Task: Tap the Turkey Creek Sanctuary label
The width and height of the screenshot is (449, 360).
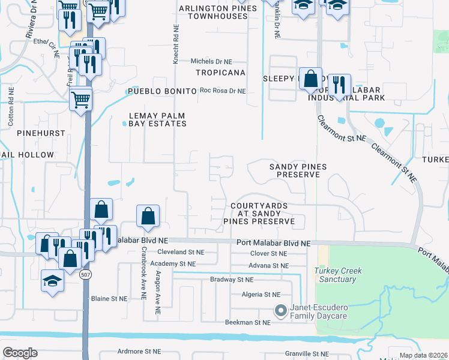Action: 338,275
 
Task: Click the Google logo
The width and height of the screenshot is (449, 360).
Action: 20,352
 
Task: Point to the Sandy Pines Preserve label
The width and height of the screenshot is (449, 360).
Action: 295,170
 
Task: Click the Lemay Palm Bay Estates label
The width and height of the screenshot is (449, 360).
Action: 157,119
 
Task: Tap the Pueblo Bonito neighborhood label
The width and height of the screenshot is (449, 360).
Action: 162,91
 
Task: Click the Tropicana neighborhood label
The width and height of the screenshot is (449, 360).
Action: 220,73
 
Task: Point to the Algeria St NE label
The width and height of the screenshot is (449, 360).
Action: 260,295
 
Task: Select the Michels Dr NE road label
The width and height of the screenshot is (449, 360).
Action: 211,62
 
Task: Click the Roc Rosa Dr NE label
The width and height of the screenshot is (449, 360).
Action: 223,91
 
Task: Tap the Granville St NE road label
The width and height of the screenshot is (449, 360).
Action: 307,354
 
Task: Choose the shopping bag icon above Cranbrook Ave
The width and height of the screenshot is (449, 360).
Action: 148,217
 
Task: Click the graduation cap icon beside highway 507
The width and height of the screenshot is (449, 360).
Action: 52,280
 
